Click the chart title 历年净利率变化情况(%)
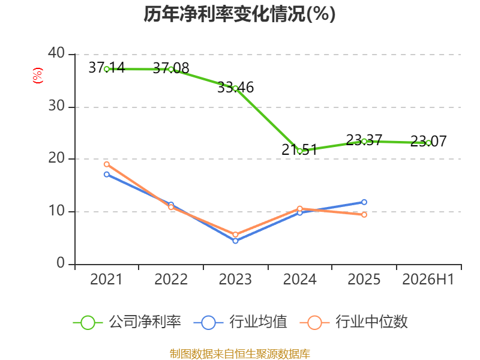coord(239,14)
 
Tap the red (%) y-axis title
coord(38,76)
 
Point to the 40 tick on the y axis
coord(56,53)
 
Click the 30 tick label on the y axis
coord(56,106)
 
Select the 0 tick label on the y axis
coord(61,263)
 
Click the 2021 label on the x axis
coord(106,280)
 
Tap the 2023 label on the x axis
coord(235,280)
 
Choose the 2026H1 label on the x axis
coord(428,280)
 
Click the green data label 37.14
coord(107,68)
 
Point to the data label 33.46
coord(235,88)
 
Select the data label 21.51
coord(299,150)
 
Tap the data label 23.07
coord(428,142)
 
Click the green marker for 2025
coord(364,142)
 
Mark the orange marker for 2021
coord(107,164)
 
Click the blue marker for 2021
coord(107,175)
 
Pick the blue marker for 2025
coord(364,202)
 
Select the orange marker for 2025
coord(364,215)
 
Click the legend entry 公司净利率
coord(127,322)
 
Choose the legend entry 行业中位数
coord(353,322)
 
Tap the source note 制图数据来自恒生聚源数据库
coord(239,354)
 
